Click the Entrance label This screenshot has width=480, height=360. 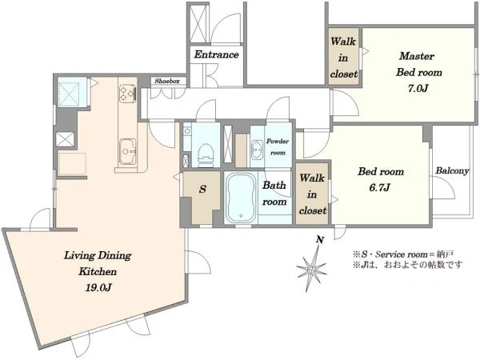pos(216,54)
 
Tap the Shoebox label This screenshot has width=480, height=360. pos(167,81)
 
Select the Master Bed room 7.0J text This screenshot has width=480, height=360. pos(418,72)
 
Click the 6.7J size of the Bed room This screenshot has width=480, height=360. pos(379,187)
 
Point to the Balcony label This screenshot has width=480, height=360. pos(452,170)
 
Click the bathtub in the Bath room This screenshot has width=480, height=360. pos(241,198)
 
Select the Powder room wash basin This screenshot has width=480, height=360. pos(257,150)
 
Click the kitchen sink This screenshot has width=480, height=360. pos(127,151)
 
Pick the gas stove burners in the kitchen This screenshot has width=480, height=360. pos(127,94)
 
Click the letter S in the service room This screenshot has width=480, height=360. pos(202,189)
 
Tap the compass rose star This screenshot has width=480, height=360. pos(311,269)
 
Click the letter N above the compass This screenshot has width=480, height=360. pos(320,240)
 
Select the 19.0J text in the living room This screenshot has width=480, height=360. pos(98,288)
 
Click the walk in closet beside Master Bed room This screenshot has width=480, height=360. pos(344,58)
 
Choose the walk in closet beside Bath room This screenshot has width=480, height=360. pos(312,194)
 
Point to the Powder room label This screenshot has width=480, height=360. pos(278,147)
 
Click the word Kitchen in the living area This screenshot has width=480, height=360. pos(98,271)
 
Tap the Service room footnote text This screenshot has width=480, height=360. pos(403,254)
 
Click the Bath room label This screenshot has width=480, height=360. pos(274,194)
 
